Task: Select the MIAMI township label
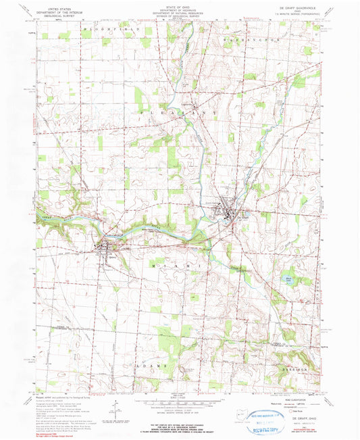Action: point(173,270)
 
